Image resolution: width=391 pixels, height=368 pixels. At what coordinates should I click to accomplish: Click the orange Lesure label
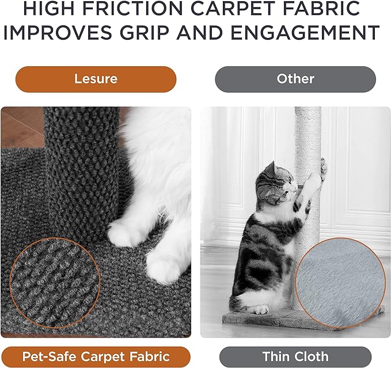click(96, 79)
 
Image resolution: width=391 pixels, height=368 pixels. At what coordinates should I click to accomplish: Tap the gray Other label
click(295, 79)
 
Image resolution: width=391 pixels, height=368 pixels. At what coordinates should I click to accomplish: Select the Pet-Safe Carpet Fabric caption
click(96, 356)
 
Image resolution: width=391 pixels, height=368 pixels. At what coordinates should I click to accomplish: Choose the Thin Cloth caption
click(295, 356)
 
